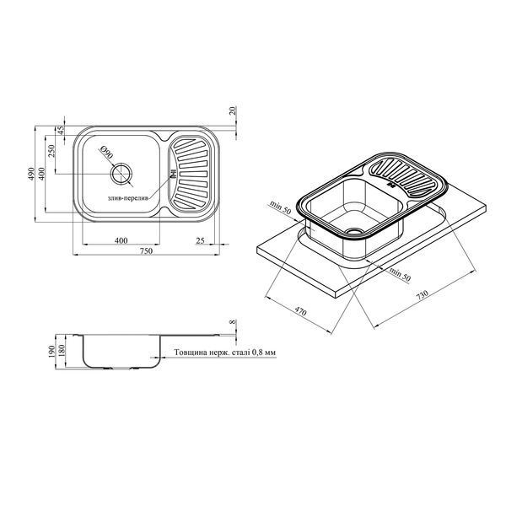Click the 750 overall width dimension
(x=146, y=250)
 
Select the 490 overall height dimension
(x=31, y=174)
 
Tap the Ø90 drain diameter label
(x=107, y=152)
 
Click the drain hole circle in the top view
(x=121, y=175)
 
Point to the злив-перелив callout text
(x=128, y=198)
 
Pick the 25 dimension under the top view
(x=201, y=240)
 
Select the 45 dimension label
(x=61, y=131)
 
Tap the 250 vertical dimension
(x=52, y=150)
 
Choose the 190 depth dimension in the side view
(x=52, y=351)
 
